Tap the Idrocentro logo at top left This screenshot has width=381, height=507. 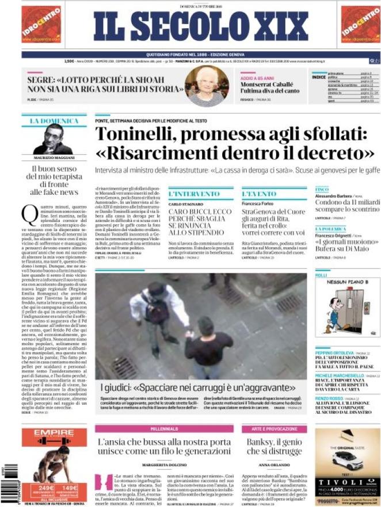[41, 25]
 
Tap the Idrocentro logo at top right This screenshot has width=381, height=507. [360, 25]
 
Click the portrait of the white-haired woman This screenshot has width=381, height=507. [207, 86]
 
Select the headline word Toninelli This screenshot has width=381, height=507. [142, 134]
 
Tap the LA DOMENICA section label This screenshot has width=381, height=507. [54, 121]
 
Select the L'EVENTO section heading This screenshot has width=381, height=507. [259, 194]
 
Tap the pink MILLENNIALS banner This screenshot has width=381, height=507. [164, 429]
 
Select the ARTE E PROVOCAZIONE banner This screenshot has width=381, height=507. [274, 429]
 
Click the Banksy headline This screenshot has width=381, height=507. [274, 447]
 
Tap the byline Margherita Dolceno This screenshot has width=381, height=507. [165, 464]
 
